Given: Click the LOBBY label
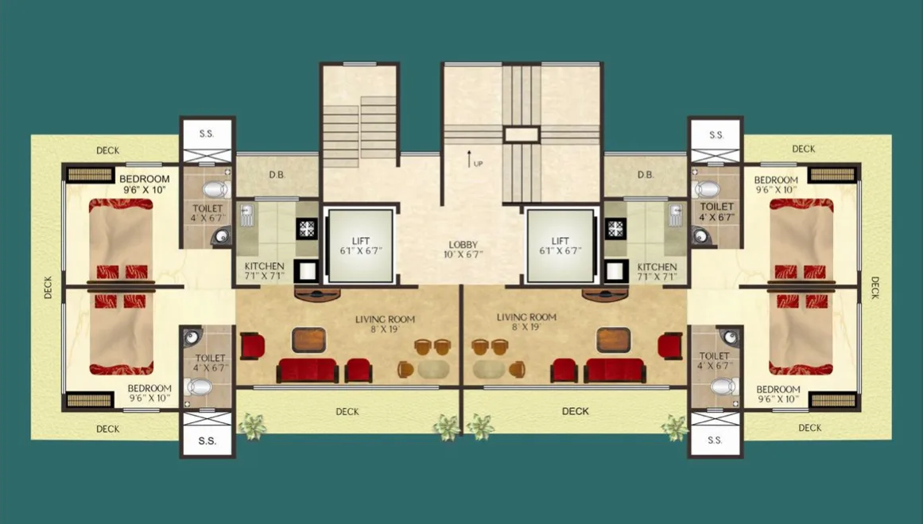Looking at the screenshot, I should pos(463,245).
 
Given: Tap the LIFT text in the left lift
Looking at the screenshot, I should pos(361,240).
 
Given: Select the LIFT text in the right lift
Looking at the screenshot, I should pos(560,240).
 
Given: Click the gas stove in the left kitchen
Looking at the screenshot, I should pos(308,228).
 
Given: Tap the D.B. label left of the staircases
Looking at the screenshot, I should pos(277,175).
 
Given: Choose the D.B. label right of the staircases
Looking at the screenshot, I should pos(645,175).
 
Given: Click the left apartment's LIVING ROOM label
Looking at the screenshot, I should pos(385,320).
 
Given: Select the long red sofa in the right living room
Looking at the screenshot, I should pos(615,371).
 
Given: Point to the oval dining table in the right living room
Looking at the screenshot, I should pos(488,369).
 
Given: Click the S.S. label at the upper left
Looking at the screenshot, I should pos(207,134).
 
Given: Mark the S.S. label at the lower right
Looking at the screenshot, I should pos(715,440).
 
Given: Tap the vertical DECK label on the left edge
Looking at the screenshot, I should pos(48,287).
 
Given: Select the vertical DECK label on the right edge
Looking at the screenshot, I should pos(875,287).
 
